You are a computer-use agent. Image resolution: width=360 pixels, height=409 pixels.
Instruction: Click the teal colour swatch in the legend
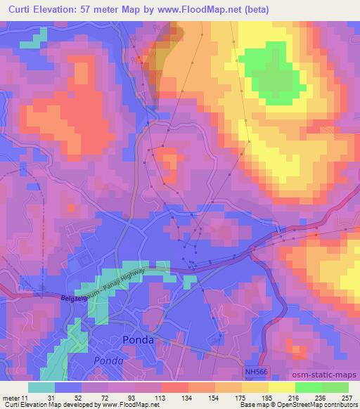[x=41, y=387]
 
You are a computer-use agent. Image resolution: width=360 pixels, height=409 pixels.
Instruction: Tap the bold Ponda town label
[x=138, y=339]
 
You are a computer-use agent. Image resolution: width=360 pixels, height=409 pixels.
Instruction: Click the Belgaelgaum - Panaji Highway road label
[x=109, y=285]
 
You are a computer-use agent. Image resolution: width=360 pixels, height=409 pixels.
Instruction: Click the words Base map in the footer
[x=254, y=405]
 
